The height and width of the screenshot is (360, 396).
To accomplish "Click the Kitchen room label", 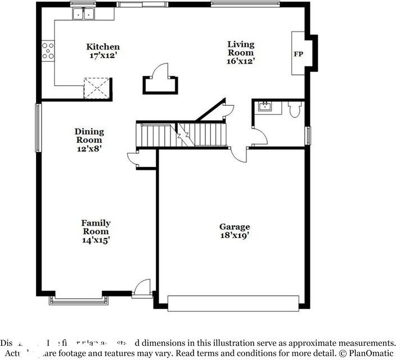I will [x=102, y=47].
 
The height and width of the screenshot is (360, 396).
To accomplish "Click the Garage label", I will [x=235, y=227].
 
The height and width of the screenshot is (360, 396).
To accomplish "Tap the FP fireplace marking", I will [x=298, y=54].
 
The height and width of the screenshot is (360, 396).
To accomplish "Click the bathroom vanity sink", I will [x=264, y=106].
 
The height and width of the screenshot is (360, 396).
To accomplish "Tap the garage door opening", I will [x=233, y=303].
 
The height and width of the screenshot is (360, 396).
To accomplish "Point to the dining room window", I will [x=38, y=128].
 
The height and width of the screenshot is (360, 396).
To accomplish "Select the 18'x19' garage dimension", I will [x=235, y=236].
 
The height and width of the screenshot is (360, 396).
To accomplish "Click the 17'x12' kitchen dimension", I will [x=102, y=56].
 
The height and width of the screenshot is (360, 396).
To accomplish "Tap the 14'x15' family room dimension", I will [x=96, y=240].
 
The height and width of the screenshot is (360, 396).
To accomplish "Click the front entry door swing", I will [x=145, y=286].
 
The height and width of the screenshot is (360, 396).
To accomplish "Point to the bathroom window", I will [x=308, y=136].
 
